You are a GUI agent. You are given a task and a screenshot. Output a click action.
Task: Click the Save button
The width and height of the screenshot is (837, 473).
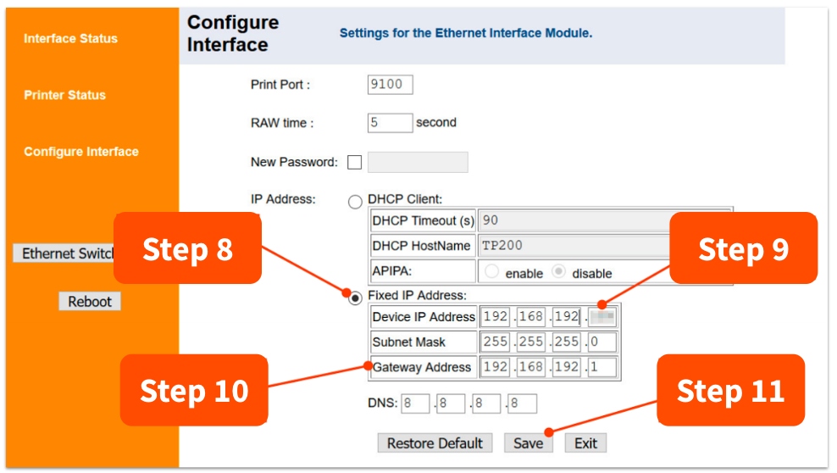(528, 443)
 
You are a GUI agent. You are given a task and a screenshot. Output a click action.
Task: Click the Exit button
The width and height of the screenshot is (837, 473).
(585, 443)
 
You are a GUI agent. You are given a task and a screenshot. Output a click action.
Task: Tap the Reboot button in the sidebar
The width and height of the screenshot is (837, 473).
(90, 302)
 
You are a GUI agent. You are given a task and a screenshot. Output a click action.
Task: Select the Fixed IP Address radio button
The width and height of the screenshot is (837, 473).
(356, 296)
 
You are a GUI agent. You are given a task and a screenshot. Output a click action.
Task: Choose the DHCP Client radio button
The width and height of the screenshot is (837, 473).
(356, 202)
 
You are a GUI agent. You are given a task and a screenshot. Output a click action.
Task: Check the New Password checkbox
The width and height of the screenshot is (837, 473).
(354, 163)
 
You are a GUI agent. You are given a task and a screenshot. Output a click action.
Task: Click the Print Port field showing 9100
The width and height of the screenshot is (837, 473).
(390, 85)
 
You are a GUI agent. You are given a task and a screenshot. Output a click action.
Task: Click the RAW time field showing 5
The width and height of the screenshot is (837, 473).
(390, 123)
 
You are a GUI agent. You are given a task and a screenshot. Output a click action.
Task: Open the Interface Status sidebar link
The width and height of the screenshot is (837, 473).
(70, 39)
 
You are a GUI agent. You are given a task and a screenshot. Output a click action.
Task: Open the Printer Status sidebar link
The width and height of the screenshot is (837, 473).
(64, 95)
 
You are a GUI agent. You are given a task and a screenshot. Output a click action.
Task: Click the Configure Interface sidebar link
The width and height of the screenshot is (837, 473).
(80, 152)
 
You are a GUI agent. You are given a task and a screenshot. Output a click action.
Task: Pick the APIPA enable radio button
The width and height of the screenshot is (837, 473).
(492, 273)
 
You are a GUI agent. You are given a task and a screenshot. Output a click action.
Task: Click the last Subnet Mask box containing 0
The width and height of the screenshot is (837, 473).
(601, 342)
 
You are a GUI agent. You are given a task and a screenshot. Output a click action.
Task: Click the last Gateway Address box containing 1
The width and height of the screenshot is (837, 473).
(601, 368)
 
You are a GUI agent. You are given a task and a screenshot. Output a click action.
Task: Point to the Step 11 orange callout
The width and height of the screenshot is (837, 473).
(730, 391)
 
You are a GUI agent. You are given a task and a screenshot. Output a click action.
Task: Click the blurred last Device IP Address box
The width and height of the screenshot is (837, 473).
(602, 317)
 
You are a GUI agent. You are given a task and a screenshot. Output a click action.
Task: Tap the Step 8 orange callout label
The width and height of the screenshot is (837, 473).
(187, 249)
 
